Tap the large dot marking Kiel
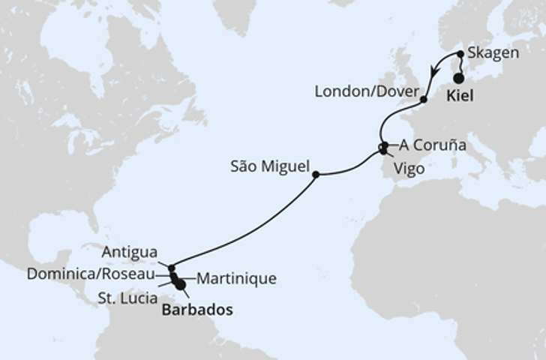pos(459,77)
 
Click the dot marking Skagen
pos(460,55)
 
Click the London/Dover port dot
pos(424,99)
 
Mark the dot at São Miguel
pos(316,175)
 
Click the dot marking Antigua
pos(172,268)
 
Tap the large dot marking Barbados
pos(180,285)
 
